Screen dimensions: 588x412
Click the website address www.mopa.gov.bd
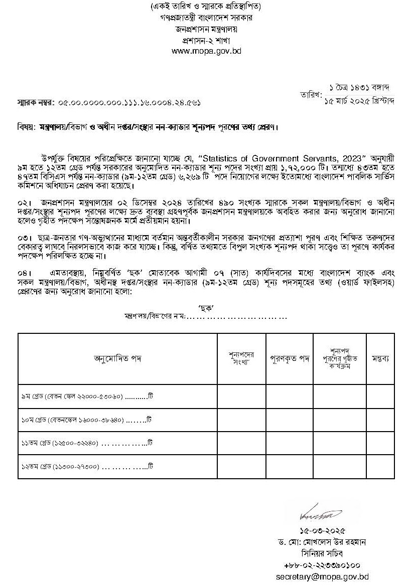206,51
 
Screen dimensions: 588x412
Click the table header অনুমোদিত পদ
117,358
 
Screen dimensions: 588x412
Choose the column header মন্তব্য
380,358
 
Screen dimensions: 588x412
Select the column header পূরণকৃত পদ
290,358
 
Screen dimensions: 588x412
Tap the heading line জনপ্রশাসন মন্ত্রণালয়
206,29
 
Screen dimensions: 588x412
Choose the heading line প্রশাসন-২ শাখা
206,40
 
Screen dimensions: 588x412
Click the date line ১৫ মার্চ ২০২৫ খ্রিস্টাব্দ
359,101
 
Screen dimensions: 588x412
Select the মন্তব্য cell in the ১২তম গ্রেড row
380,467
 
